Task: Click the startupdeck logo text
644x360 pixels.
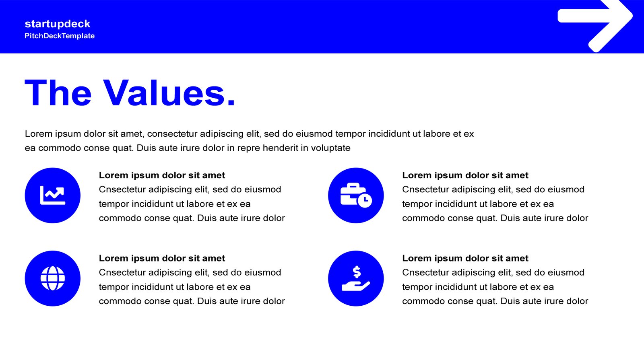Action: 58,24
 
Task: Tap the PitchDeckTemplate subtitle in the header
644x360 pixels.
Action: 60,36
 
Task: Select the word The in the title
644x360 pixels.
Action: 58,93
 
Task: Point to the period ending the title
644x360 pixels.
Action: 231,103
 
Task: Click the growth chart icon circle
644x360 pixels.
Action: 53,195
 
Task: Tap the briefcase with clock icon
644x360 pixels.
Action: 356,195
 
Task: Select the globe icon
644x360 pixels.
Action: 53,278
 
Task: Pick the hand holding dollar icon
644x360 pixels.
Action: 356,278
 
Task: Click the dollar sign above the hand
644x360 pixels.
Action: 357,272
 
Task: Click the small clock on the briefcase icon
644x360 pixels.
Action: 365,200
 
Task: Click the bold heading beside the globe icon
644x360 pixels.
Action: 162,258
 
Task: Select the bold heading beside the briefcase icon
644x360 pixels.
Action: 465,175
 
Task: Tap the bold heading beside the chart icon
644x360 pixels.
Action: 162,175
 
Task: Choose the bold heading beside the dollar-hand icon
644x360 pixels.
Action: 465,258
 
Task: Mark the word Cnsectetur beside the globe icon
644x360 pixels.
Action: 122,272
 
